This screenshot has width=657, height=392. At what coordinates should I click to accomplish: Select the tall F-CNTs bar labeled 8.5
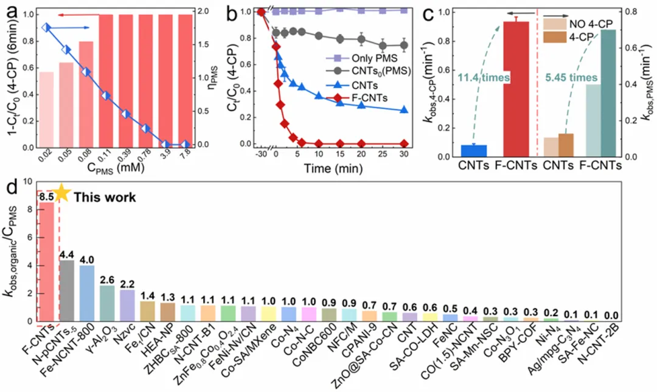[47, 261]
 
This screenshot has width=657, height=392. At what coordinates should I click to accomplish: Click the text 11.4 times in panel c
[481, 78]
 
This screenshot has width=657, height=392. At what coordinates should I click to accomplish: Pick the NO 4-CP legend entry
[580, 25]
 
